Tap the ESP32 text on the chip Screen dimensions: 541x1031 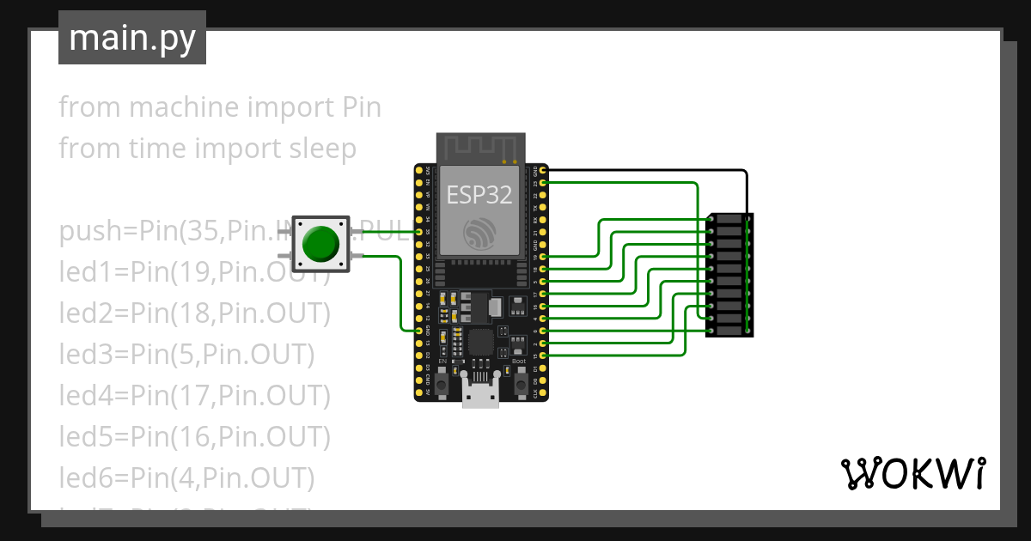pos(479,195)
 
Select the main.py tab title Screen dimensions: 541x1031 pos(132,38)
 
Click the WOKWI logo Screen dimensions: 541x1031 pos(912,473)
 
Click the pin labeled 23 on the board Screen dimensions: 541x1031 pos(543,183)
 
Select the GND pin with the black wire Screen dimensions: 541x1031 pos(543,171)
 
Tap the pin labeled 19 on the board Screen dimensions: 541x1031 pos(543,257)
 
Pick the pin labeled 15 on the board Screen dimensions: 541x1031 pos(543,356)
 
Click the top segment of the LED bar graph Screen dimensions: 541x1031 pos(729,220)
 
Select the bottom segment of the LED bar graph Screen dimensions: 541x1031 pos(729,331)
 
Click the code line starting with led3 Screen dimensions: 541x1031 pos(186,355)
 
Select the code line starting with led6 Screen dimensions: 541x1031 pos(186,477)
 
